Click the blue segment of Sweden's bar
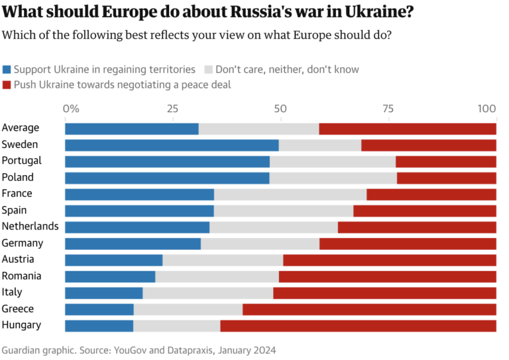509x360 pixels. [171, 145]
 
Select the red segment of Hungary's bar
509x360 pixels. [358, 326]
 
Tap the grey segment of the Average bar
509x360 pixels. [258, 129]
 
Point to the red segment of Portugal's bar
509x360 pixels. [445, 161]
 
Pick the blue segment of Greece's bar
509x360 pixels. [99, 309]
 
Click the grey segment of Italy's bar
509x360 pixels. [207, 292]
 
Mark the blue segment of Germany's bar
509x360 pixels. [133, 243]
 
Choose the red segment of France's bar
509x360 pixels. [431, 194]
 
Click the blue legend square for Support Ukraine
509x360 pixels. [7, 69]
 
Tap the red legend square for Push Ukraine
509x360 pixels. [7, 85]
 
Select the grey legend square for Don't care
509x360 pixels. [209, 69]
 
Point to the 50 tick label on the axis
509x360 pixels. [280, 108]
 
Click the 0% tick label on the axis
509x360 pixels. [71, 108]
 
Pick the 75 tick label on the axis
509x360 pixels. [388, 108]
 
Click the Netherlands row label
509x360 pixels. [30, 227]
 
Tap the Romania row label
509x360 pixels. [22, 276]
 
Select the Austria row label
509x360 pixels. [19, 259]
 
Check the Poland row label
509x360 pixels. [18, 177]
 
